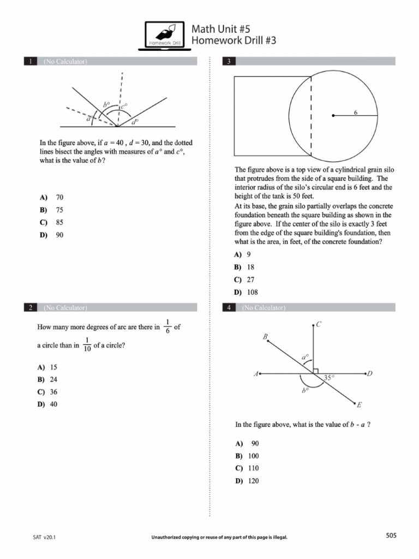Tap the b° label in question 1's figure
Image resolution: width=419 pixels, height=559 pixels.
106,104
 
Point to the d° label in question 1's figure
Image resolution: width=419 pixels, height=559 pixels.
134,123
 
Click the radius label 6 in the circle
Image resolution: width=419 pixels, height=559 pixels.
356,112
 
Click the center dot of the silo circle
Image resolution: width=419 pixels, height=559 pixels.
333,116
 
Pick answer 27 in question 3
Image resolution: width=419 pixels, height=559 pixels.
250,279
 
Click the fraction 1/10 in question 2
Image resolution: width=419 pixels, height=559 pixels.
87,344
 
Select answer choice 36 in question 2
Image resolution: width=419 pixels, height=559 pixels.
53,392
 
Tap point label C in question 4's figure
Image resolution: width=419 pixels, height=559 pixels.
319,324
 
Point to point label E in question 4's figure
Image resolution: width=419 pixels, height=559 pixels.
359,405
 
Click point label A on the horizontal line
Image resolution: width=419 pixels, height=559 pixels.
255,374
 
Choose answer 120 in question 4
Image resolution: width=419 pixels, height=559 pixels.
253,481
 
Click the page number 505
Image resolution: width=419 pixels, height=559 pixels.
391,536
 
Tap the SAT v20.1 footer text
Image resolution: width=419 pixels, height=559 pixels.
45,537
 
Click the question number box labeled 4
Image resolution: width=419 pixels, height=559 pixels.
229,308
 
